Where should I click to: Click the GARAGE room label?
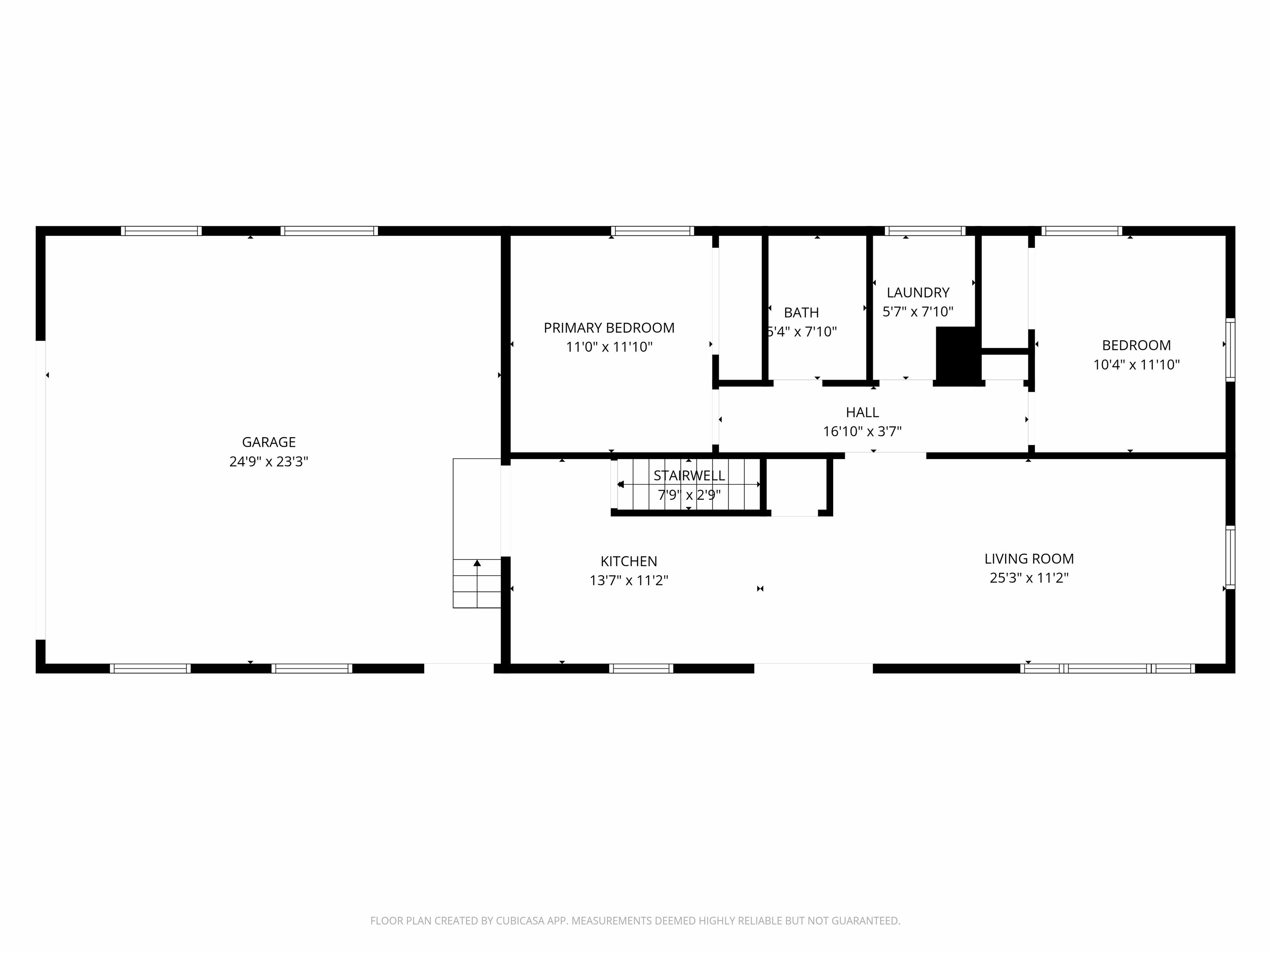(x=269, y=442)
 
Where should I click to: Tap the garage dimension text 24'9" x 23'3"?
(x=269, y=461)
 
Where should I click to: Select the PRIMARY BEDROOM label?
(x=609, y=328)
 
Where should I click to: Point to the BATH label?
(x=801, y=313)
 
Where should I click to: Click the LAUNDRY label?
(x=918, y=292)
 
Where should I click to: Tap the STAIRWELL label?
(x=689, y=476)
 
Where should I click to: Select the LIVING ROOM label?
(x=1029, y=558)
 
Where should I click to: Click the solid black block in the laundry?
(x=957, y=355)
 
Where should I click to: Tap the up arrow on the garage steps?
(x=477, y=563)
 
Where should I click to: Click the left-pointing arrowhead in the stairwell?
(x=621, y=484)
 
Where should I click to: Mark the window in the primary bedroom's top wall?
(x=652, y=231)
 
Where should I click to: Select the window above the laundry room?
(x=925, y=231)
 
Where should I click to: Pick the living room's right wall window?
(x=1230, y=557)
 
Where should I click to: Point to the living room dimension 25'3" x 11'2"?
(x=1029, y=577)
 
